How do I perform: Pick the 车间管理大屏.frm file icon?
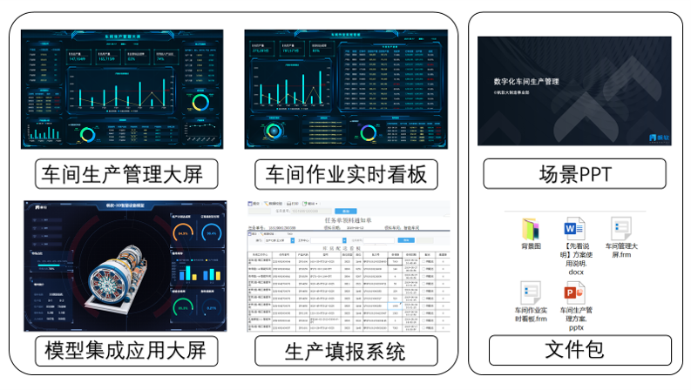tap(620, 230)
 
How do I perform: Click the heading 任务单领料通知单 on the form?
tap(348, 221)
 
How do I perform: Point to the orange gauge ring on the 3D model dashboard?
tap(183, 233)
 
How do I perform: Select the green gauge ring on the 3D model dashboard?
tap(182, 306)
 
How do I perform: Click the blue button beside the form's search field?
tap(346, 210)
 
